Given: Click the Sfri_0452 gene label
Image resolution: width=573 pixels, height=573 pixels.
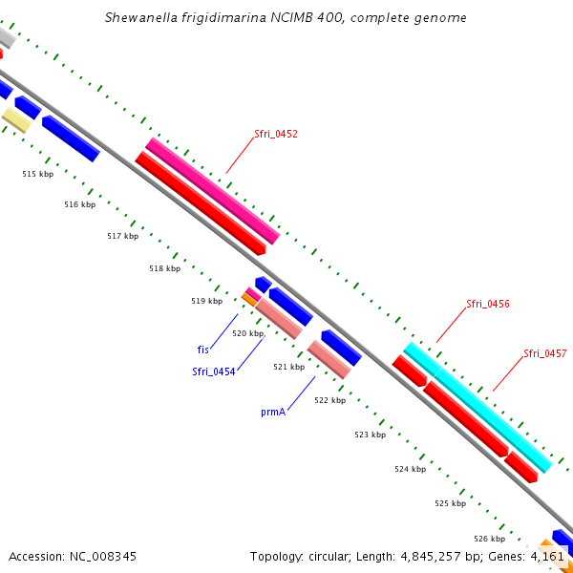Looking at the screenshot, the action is coord(276,134).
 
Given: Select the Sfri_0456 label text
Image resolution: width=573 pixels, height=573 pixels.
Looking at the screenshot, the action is coord(487,304).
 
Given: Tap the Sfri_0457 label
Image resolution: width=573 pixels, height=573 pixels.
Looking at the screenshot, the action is coord(544,353).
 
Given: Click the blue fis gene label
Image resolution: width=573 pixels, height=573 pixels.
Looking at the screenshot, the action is coord(203,350).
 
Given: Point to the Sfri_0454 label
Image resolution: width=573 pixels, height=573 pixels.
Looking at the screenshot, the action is coord(213,372).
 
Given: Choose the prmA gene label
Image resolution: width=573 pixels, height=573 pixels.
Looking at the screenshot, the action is coord(273,413).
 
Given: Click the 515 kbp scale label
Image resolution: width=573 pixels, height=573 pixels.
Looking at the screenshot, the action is coord(38,174).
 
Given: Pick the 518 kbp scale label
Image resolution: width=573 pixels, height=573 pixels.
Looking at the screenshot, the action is coord(164,268).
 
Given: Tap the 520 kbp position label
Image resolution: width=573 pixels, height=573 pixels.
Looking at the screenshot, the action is coord(247,333).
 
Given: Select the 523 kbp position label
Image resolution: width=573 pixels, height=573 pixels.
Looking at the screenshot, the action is coord(370,435).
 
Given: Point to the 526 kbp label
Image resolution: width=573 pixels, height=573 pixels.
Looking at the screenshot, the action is coord(489,539).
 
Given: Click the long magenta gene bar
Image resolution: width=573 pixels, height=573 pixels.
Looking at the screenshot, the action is coord(212,190).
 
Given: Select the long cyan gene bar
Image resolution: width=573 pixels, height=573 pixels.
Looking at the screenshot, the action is coord(477,408).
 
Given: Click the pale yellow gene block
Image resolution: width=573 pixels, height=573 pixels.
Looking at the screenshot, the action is coord(16,119).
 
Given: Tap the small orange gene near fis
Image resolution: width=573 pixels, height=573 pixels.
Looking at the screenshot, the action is coord(249,300).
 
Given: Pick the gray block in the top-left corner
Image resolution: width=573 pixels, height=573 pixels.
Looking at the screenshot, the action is coord(5,37).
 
